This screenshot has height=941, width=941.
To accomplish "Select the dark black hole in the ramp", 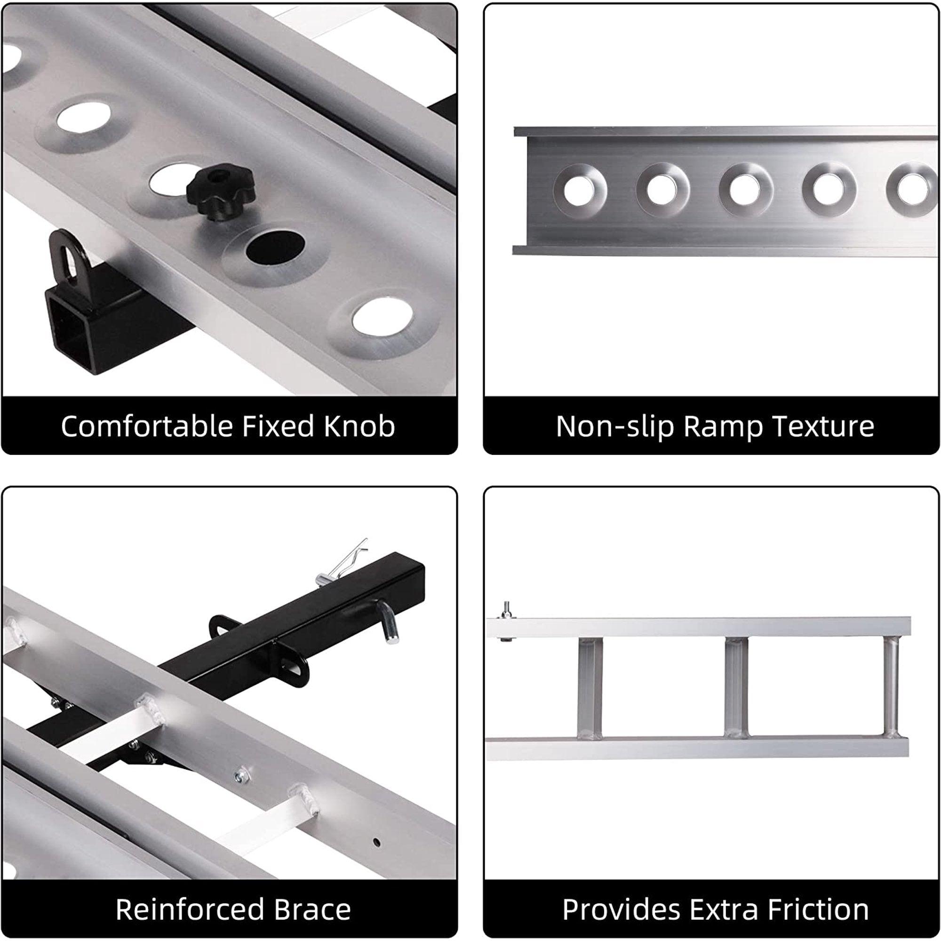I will pyautogui.click(x=275, y=247).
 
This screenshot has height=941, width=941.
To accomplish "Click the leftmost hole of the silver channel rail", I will pyautogui.click(x=580, y=190).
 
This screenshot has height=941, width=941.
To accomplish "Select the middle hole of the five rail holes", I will pyautogui.click(x=746, y=190).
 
